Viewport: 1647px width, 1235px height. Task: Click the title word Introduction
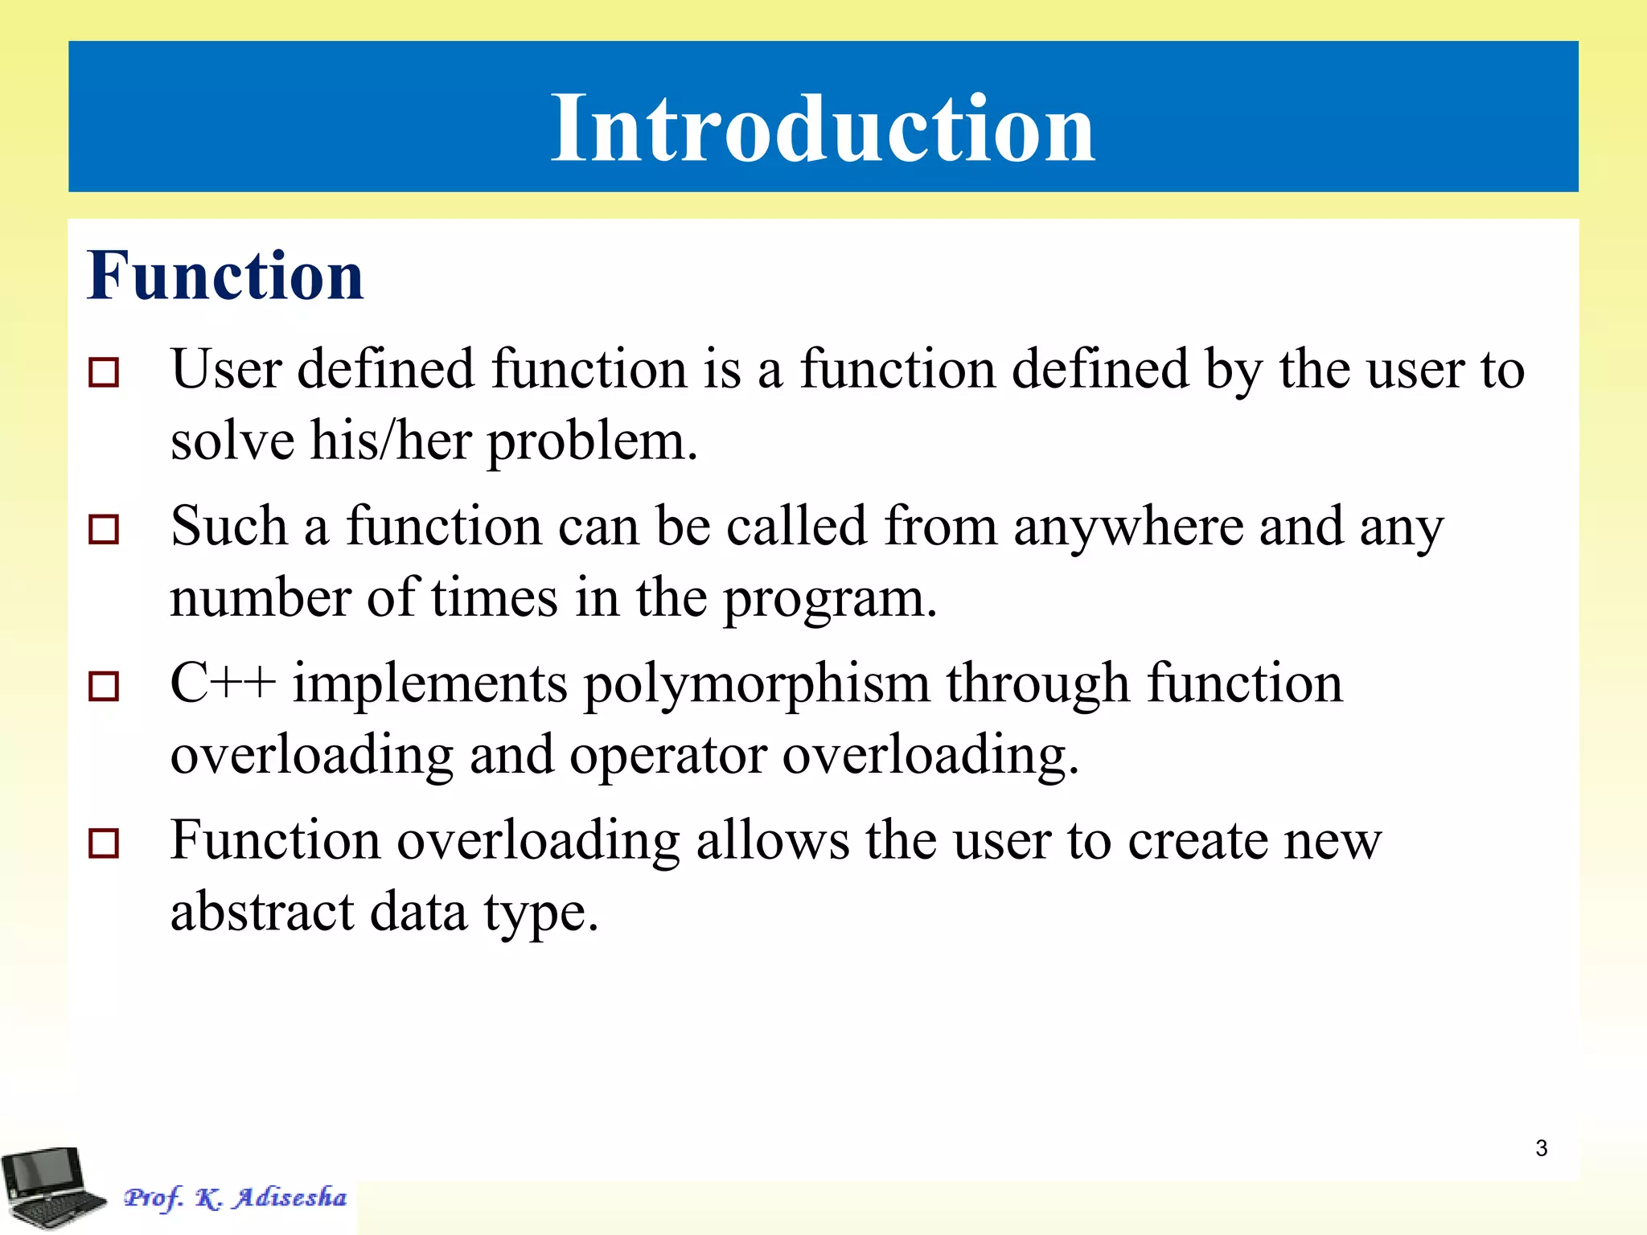point(822,129)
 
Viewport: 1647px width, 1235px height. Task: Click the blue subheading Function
point(225,276)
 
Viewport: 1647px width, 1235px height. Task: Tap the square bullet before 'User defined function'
point(104,373)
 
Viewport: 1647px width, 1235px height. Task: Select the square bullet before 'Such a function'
point(104,530)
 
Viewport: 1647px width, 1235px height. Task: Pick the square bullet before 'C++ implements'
point(104,687)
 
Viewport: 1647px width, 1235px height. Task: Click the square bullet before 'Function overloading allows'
point(104,843)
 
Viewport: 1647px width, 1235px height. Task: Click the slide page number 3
point(1541,1148)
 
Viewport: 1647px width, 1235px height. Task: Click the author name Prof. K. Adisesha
point(235,1197)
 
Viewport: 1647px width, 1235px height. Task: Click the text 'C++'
point(223,683)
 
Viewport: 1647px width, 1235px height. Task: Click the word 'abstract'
point(262,913)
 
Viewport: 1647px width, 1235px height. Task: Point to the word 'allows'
point(772,840)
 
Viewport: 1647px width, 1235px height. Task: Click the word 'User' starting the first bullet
point(226,370)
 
